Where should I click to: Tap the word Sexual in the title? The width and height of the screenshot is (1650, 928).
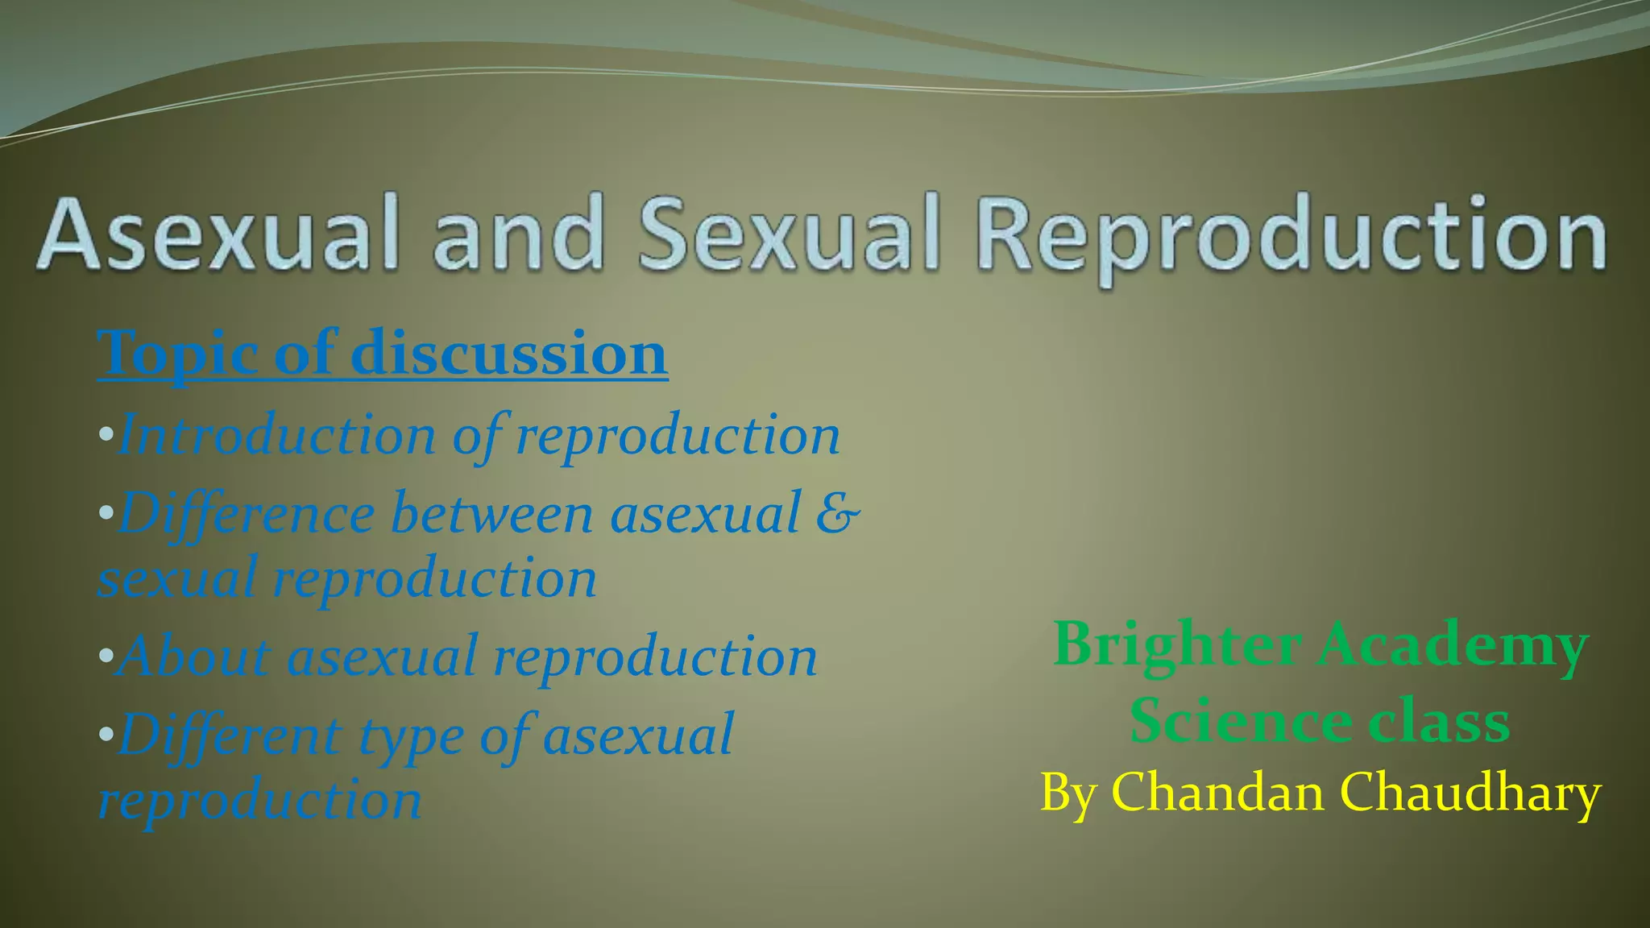click(790, 234)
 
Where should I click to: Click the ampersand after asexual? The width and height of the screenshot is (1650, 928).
click(837, 513)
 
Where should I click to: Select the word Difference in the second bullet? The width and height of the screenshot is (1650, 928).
click(247, 514)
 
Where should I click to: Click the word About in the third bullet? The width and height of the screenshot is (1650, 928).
click(193, 656)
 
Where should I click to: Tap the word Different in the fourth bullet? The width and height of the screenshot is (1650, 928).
click(230, 735)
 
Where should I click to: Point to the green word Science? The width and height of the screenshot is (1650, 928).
click(1241, 721)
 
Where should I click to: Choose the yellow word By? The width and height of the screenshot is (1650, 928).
click(1068, 793)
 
